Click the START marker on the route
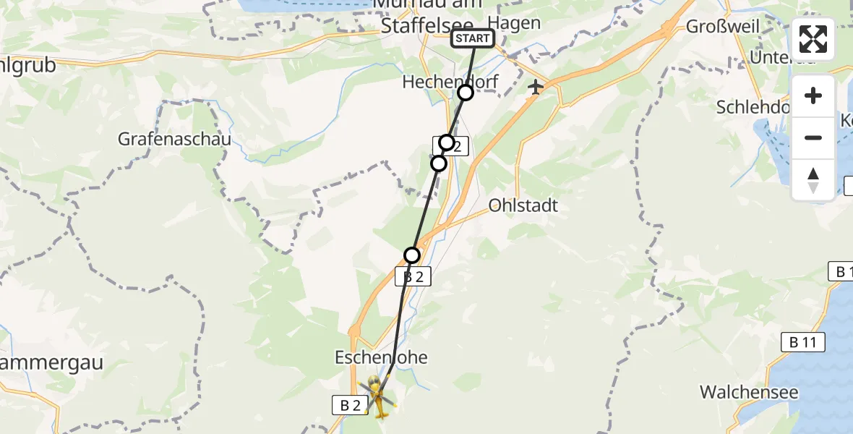473,38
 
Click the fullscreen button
813,39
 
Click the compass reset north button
813,179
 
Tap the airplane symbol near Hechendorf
535,88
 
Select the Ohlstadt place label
523,205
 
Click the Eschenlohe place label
381,357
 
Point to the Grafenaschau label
176,139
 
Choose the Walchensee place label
749,393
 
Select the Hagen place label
514,22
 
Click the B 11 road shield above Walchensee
802,343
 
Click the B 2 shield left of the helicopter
350,406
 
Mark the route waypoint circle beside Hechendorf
465,93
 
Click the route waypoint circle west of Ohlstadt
412,255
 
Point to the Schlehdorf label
752,107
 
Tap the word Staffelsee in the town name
414,26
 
